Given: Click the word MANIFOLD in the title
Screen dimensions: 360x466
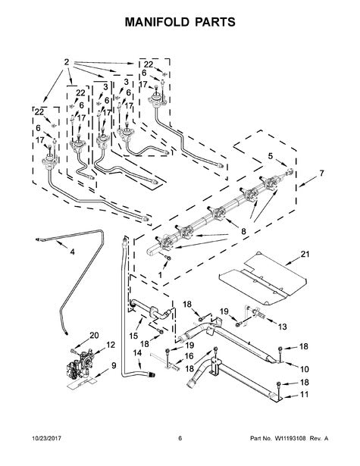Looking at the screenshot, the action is (x=157, y=22).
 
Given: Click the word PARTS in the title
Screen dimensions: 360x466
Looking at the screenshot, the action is (x=215, y=22).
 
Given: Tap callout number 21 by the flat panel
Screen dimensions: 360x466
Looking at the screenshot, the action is (x=305, y=254).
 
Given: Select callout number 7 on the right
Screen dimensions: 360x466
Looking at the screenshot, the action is (x=321, y=173).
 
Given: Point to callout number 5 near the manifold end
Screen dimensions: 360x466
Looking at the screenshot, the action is (x=271, y=156).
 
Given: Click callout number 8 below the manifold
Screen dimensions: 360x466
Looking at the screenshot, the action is (x=244, y=231).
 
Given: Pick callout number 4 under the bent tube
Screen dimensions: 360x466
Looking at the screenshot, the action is (x=72, y=252).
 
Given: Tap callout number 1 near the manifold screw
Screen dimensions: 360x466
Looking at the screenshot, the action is (x=160, y=275).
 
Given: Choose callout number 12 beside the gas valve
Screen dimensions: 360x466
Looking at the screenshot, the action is (x=111, y=345).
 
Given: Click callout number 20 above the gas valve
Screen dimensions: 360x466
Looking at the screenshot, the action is (x=94, y=335).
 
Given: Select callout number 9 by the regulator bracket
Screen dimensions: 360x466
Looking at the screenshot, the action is (x=114, y=365).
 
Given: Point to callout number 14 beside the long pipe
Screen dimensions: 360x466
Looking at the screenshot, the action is (x=137, y=353).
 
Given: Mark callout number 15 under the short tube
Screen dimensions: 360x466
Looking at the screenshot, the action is (x=134, y=336).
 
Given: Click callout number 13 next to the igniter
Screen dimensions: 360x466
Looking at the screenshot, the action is (x=283, y=327).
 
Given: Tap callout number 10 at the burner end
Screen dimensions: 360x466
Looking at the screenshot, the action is (x=305, y=369).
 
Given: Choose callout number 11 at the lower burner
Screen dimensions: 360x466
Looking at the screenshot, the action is (x=304, y=394).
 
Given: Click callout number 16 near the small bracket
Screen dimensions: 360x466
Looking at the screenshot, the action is (x=189, y=355).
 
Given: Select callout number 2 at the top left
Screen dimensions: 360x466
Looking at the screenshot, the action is (x=67, y=62).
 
